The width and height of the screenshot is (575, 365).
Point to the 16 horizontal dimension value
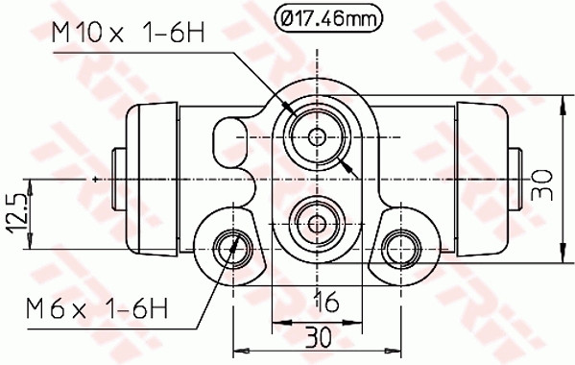(x=326, y=303)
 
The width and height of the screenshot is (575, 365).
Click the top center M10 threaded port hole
(x=318, y=135)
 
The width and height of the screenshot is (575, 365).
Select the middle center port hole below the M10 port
(x=318, y=222)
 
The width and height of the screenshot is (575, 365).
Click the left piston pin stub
(x=120, y=179)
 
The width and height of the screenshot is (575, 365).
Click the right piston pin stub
(x=515, y=179)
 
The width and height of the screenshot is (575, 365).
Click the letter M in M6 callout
(x=36, y=308)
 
